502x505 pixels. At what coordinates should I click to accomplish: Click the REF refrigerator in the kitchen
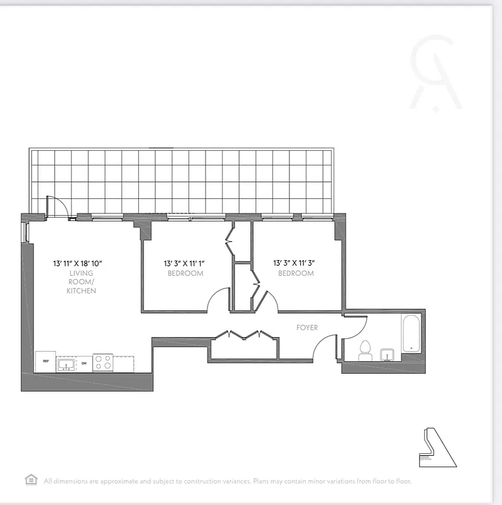(45, 361)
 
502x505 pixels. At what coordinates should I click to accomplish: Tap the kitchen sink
(66, 364)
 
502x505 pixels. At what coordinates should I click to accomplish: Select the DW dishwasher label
(85, 364)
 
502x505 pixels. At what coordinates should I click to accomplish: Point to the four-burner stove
(103, 362)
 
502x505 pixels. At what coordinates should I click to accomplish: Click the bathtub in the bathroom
(411, 333)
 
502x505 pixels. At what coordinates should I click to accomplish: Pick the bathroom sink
(388, 355)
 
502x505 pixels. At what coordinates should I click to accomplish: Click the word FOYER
(307, 328)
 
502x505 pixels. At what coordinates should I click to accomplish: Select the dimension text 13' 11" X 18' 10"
(78, 263)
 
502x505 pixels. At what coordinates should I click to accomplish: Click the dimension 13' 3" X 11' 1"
(185, 263)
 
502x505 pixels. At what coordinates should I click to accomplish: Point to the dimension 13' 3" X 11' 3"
(295, 263)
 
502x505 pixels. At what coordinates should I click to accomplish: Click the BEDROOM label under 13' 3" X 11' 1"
(185, 273)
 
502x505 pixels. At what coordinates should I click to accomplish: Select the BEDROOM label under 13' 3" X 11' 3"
(296, 273)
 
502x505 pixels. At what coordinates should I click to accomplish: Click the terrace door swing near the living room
(54, 205)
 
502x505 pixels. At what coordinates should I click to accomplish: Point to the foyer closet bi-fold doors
(243, 335)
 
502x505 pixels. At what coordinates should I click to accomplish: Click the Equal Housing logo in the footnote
(31, 480)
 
